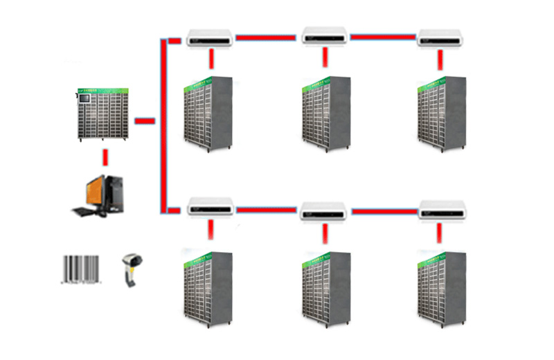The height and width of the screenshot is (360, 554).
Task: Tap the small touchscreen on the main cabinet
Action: (x=84, y=99)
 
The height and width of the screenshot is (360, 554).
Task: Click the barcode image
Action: (x=82, y=269)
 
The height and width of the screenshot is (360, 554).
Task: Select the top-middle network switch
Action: (x=324, y=37)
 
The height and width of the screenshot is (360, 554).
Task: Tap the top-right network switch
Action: (x=439, y=38)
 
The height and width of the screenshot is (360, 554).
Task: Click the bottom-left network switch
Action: (x=211, y=207)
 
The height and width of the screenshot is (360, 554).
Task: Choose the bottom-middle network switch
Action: (x=323, y=211)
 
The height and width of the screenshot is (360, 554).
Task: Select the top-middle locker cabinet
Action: (x=325, y=114)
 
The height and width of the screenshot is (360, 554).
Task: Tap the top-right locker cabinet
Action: (x=441, y=114)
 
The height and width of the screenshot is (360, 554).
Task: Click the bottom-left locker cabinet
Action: (x=207, y=288)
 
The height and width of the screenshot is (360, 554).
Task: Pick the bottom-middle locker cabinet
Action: (x=325, y=288)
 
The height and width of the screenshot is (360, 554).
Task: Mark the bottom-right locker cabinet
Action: (x=441, y=288)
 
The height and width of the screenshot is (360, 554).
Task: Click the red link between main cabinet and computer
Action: (x=105, y=157)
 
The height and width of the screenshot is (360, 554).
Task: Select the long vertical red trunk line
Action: (x=164, y=125)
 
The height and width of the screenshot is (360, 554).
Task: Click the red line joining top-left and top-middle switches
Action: (x=266, y=37)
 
